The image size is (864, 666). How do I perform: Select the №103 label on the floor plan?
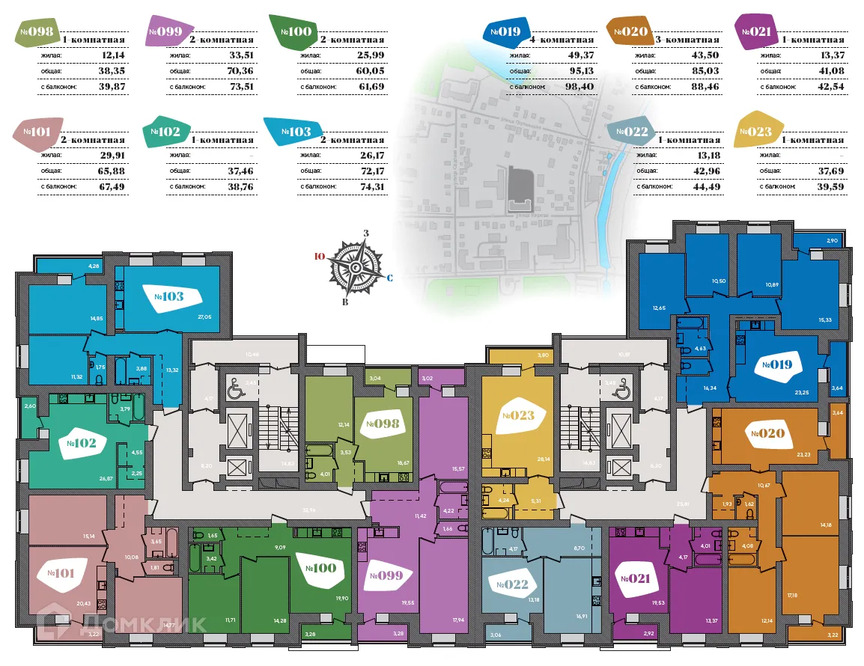point(169,296)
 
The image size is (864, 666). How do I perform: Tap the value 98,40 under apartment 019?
point(579,87)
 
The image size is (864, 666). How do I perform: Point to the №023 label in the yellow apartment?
point(518,415)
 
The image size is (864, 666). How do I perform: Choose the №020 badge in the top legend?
point(630,31)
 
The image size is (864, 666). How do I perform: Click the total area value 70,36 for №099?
point(247,71)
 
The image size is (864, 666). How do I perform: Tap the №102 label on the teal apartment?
point(82,443)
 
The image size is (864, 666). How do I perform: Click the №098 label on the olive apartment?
point(382,424)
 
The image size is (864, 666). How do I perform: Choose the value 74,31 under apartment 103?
point(371,187)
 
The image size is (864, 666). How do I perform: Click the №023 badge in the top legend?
point(755,133)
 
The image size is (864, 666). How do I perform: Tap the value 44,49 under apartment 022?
point(704,187)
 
